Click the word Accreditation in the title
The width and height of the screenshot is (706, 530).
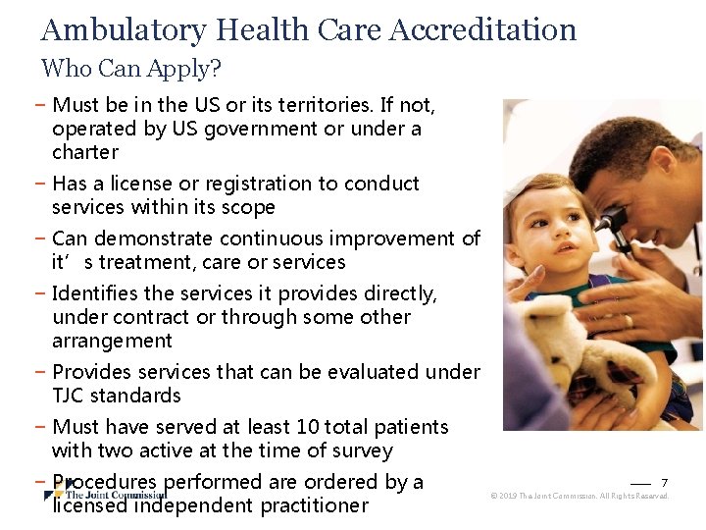pos(482,29)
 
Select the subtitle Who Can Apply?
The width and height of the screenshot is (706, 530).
pos(131,69)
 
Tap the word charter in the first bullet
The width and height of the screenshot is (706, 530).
pos(85,152)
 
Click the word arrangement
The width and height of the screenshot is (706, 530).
pos(112,341)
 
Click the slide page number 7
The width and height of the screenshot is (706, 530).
pos(664,482)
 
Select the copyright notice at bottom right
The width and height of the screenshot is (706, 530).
pos(580,497)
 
